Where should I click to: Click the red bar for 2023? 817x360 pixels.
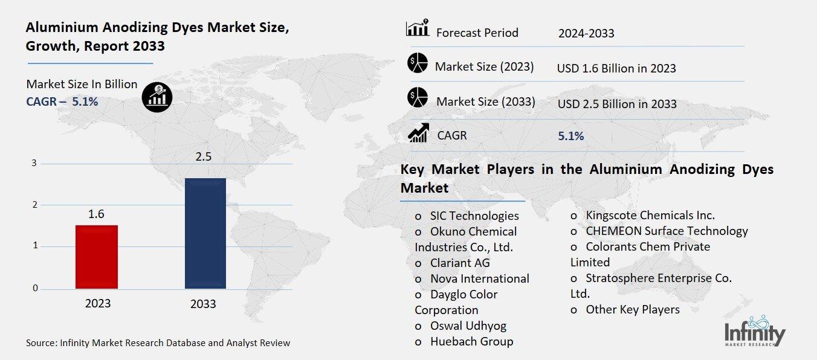pos(97,257)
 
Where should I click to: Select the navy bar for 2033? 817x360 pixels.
pos(205,233)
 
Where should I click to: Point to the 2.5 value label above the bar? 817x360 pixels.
pos(204,158)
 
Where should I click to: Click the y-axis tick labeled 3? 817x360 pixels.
pos(34,163)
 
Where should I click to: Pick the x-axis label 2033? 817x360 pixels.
pos(203,304)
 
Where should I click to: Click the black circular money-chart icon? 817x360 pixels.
pos(157,97)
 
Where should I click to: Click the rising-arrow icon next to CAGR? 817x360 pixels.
pos(418,133)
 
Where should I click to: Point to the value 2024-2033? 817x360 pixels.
pos(586,33)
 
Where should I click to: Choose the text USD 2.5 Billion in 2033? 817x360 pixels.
pos(617,104)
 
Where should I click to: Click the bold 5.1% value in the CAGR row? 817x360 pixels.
pos(571,137)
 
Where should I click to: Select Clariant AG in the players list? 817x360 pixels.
pos(460,263)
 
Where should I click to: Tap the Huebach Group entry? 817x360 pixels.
pos(471,341)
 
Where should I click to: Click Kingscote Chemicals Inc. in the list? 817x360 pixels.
pos(650,215)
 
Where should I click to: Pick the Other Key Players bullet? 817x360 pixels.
pos(632,309)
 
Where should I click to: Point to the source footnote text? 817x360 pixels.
pos(158,343)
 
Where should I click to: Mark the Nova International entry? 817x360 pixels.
pos(479,278)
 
